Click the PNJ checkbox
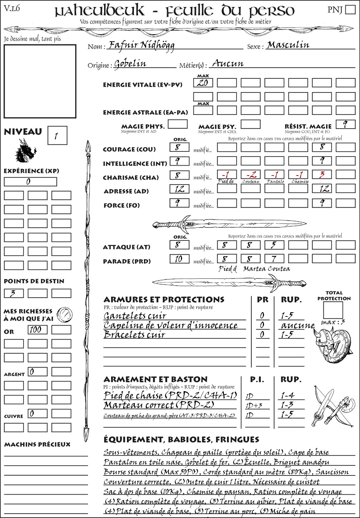pos(351,9)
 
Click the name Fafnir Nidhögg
pos(141,45)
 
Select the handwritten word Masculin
pos(288,45)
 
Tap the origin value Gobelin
pos(130,64)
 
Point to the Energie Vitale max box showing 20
pos(203,83)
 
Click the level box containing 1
pos(57,135)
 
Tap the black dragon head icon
pos(25,151)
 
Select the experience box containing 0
pos(30,182)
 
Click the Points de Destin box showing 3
pos(14,293)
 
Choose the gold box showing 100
pos(37,330)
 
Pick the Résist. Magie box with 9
pos(345,124)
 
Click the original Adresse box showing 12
pos(179,189)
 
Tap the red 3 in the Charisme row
pos(322,175)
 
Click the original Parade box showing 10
pos(179,259)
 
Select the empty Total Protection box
pos(333,310)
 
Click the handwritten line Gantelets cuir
pos(135,316)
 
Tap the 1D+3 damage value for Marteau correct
pos(255,406)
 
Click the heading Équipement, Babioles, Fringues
pos(181,439)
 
